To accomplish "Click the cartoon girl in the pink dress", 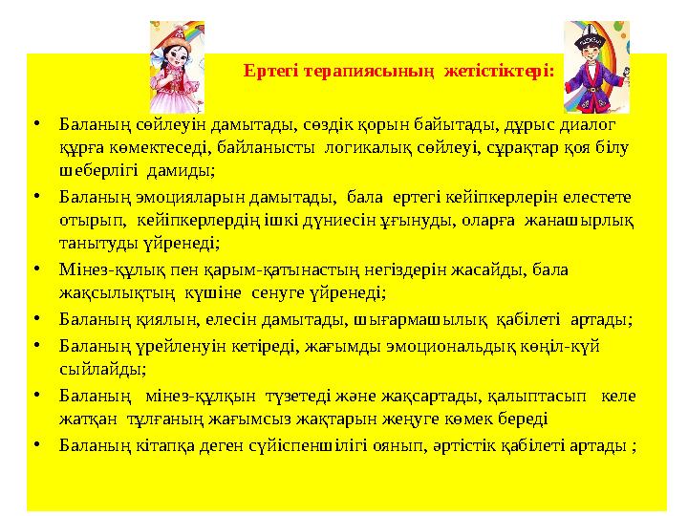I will pos(178,67).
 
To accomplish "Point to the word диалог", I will pos(589,124).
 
